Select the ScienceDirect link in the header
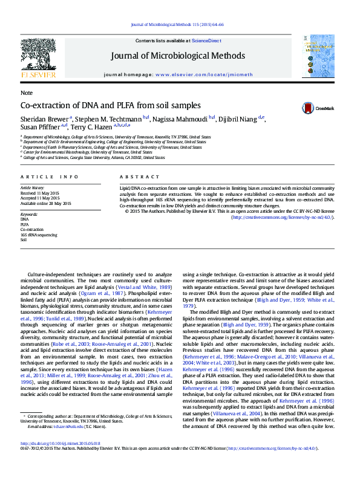tap(206, 41)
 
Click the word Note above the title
tap(27, 93)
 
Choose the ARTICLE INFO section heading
tap(50, 177)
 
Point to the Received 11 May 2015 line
tap(41, 193)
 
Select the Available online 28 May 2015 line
tap(46, 203)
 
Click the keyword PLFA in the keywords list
tap(25, 224)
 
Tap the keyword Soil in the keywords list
tap(24, 239)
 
